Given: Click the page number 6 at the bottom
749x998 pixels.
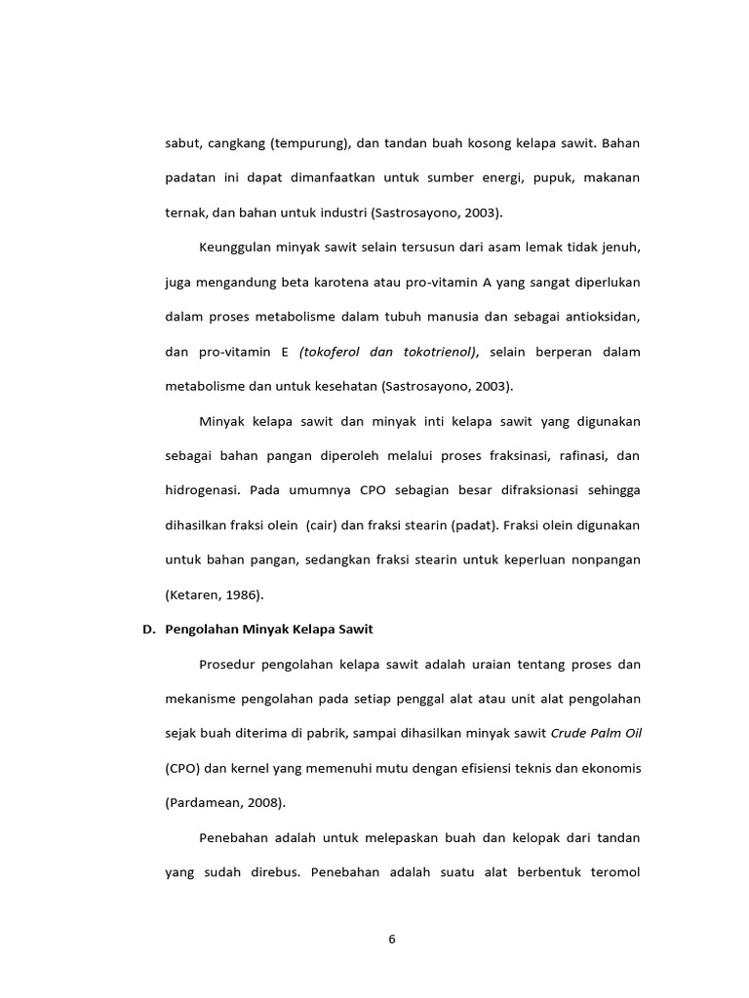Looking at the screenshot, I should (x=392, y=940).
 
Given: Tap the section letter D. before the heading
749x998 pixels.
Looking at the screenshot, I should (x=149, y=630).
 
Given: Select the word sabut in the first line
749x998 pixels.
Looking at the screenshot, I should (x=182, y=143).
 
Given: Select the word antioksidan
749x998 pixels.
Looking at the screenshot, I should (x=598, y=317).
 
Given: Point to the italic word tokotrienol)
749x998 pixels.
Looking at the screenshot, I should (x=434, y=352).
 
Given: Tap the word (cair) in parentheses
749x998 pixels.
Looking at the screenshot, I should (x=321, y=525).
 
